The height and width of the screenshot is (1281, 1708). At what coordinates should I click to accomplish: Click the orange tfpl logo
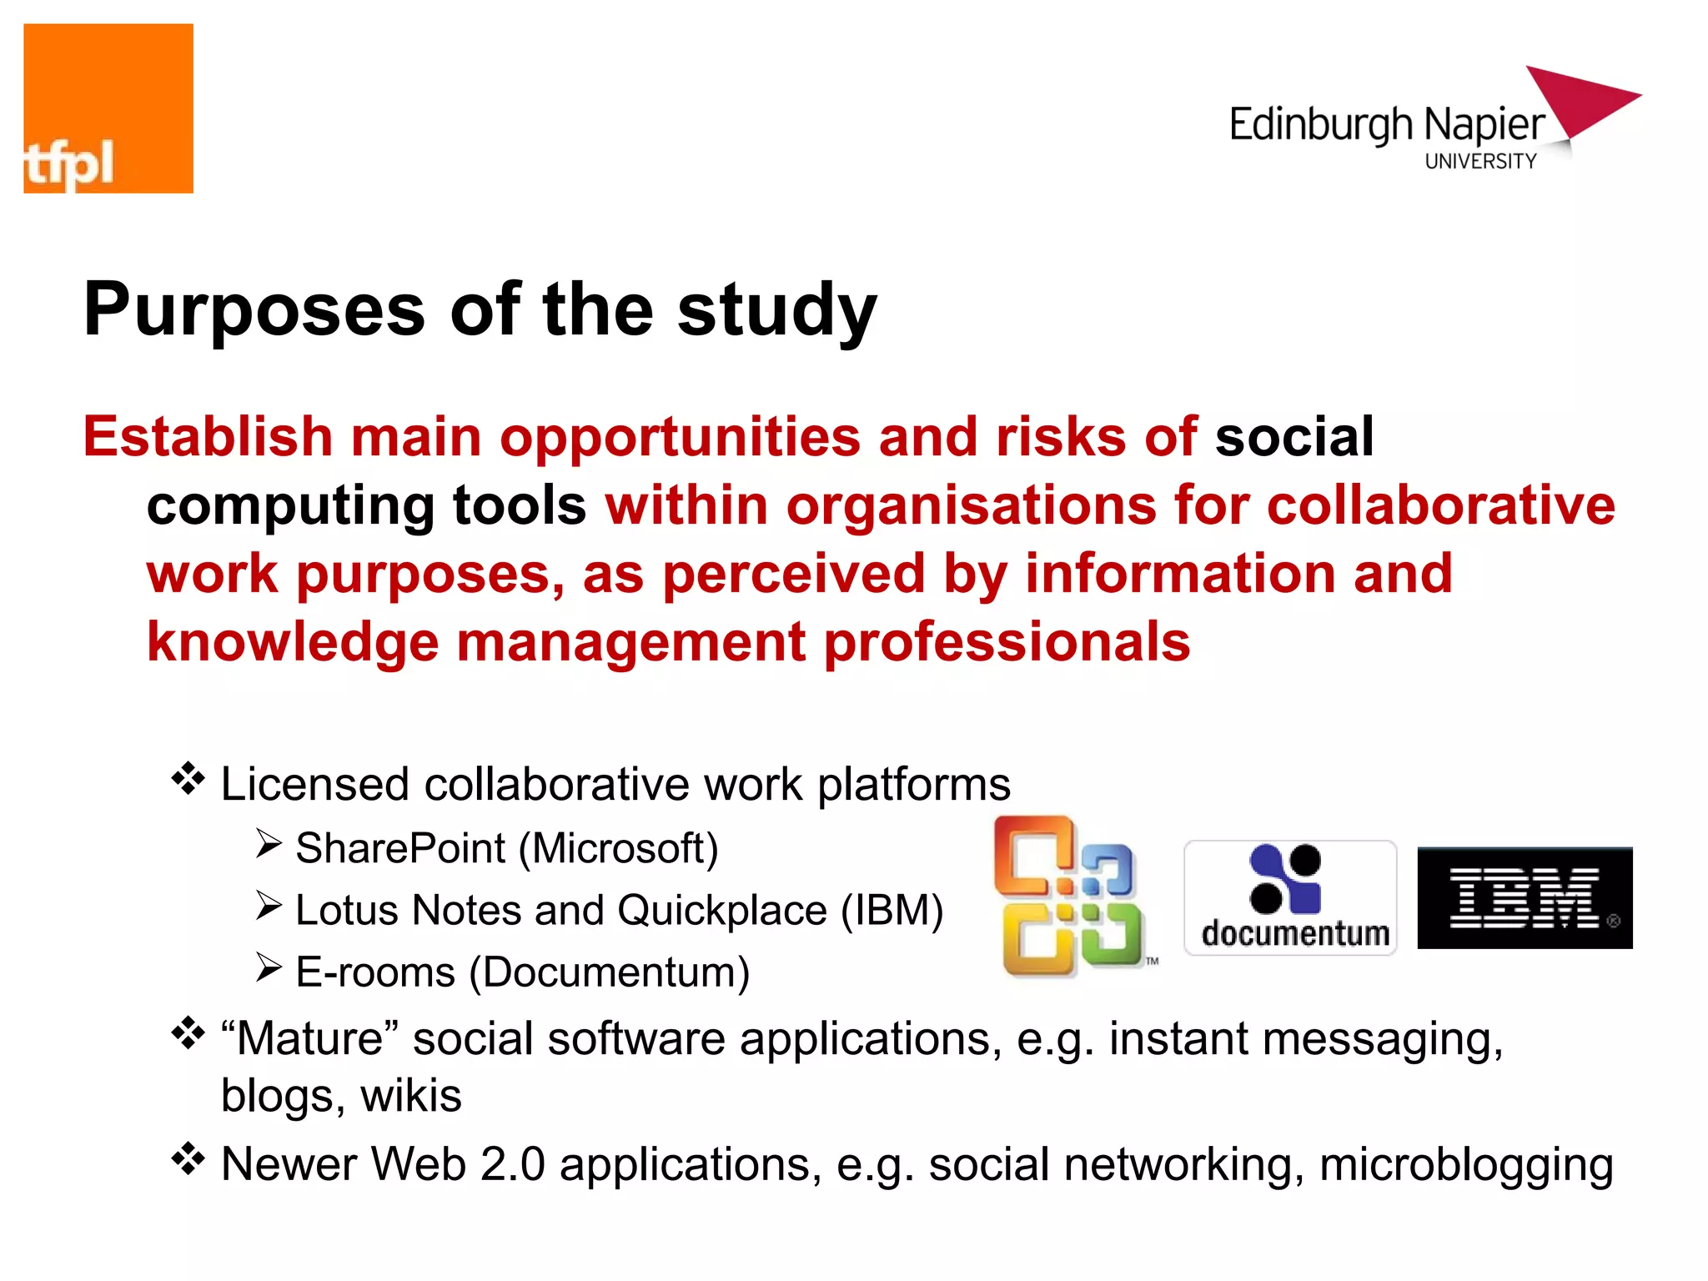tap(108, 108)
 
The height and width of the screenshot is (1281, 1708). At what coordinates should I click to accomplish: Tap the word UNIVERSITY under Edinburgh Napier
tap(1480, 161)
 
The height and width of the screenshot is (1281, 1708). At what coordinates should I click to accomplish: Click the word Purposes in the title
tap(254, 310)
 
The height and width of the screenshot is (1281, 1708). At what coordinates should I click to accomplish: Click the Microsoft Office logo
tap(1072, 896)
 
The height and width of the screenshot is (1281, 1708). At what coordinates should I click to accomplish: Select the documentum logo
tap(1290, 897)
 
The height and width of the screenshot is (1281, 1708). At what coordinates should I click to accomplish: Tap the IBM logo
tap(1525, 897)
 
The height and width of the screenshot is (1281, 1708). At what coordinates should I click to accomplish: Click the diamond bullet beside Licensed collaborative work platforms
tap(188, 779)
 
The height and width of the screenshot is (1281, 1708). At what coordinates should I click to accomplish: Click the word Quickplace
tap(721, 910)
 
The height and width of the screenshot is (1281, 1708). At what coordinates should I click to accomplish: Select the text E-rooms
tap(375, 972)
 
